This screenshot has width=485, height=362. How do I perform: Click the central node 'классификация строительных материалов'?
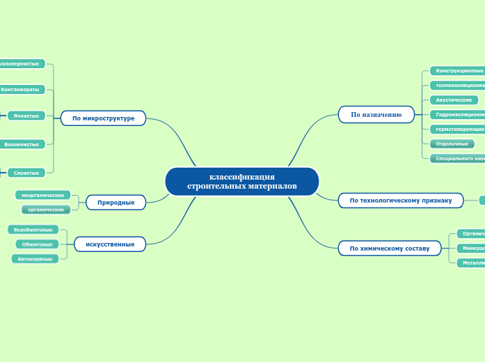241,182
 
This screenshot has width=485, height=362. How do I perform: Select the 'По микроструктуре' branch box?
103,118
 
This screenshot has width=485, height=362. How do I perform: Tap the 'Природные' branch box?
116,202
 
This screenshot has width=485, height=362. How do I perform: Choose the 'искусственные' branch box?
110,244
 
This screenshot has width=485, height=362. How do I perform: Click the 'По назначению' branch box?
376,114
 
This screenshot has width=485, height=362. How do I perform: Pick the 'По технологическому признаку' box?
401,200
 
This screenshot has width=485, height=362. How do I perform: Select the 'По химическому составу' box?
390,248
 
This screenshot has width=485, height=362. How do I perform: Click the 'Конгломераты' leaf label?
21,90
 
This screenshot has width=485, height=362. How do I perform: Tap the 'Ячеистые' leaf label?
26,116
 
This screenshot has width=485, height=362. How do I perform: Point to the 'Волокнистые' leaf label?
22,144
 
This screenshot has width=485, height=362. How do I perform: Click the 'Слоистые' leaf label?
26,172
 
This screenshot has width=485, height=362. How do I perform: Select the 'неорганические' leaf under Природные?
43,195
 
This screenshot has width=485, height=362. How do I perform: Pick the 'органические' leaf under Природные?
46,209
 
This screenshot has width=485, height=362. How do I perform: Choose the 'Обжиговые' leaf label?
38,244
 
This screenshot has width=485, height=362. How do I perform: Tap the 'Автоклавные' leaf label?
35,259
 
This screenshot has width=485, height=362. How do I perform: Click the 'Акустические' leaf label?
454,100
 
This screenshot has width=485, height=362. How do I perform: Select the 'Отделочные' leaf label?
452,144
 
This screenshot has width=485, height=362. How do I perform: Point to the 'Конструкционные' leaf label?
456,70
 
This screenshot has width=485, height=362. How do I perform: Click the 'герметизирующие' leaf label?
457,129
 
